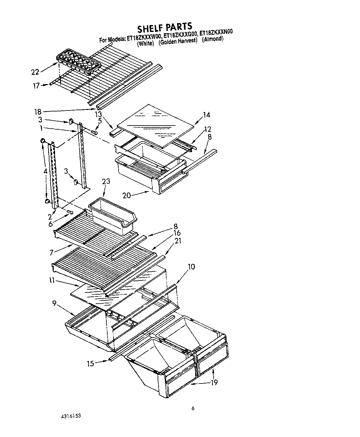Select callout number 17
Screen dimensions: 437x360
coord(36,85)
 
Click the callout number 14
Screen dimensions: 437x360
coord(206,115)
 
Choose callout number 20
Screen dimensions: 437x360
coord(127,195)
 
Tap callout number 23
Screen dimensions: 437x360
coord(106,181)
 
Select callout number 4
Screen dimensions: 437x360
coord(46,171)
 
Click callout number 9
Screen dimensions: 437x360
coord(54,303)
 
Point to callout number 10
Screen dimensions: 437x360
coord(191,267)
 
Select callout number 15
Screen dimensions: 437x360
coord(90,364)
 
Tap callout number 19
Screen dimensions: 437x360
coord(214,382)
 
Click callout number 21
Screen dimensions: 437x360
coord(178,241)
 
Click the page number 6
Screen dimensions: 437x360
coord(193,408)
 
